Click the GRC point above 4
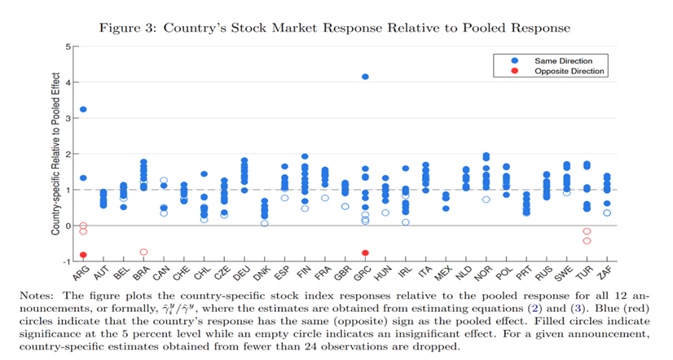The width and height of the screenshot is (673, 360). coord(365,77)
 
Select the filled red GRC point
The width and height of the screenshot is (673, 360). coord(365,253)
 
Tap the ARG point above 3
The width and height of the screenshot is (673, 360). coord(83,109)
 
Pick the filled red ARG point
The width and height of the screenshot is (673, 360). coord(83,255)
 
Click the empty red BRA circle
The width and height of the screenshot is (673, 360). coord(143,252)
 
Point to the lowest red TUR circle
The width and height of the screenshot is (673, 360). coord(587,241)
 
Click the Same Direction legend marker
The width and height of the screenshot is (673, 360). coord(515,61)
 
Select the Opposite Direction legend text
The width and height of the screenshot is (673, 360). coord(570,71)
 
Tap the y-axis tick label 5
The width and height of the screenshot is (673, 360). coord(68,46)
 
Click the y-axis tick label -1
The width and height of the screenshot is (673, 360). coord(67,261)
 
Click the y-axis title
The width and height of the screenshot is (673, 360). coord(55,154)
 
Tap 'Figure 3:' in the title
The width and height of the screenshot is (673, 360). coord(129,28)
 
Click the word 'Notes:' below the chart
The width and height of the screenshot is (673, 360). coord(37,296)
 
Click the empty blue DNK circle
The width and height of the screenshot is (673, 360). coord(265,223)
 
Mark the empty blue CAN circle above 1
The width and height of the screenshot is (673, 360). coord(164,181)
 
